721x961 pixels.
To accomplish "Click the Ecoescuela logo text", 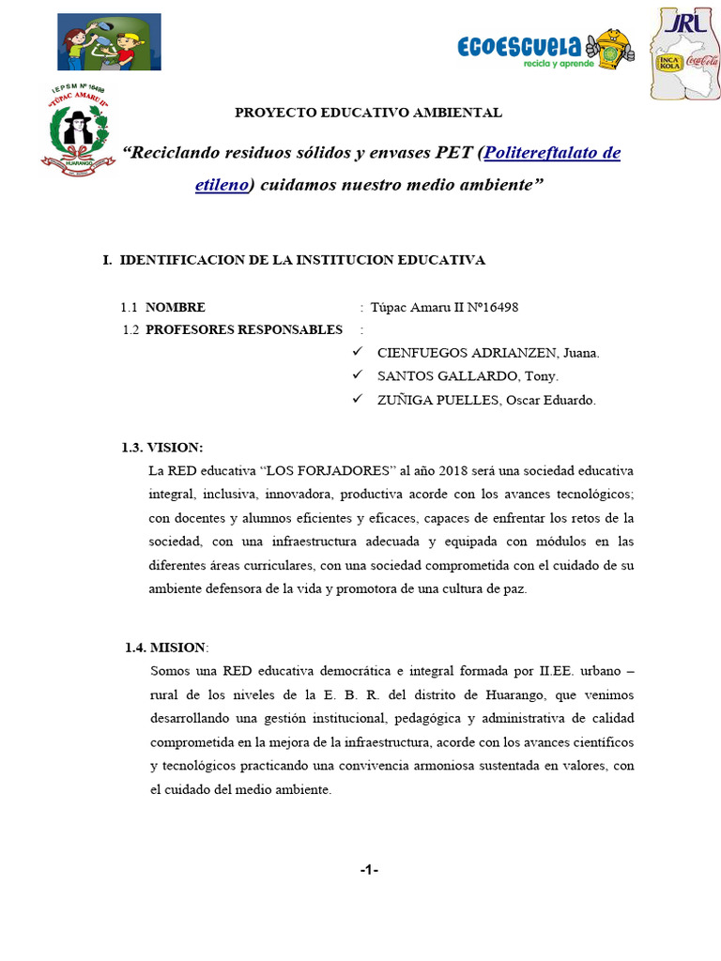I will [519, 45].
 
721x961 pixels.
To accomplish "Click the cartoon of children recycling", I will [109, 42].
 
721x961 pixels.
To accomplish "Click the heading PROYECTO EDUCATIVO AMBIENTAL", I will [368, 113].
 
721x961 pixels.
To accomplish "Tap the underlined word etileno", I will [222, 185].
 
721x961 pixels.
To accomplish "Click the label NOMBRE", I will [176, 307].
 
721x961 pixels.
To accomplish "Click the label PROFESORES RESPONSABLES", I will [244, 329].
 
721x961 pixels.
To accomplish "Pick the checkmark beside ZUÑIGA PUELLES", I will [357, 400].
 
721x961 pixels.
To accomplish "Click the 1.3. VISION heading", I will [161, 447].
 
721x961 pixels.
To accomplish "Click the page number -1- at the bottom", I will [368, 870].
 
